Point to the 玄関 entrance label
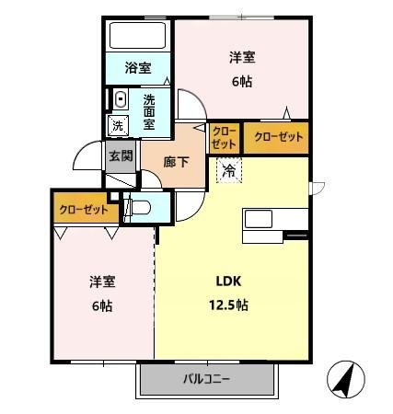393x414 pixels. (121, 156)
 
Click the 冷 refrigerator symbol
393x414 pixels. (228, 170)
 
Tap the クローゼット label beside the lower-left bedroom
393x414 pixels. (84, 209)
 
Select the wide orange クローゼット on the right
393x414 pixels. (275, 136)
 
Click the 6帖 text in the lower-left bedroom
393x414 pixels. (100, 305)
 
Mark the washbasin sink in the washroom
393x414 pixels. (121, 97)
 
